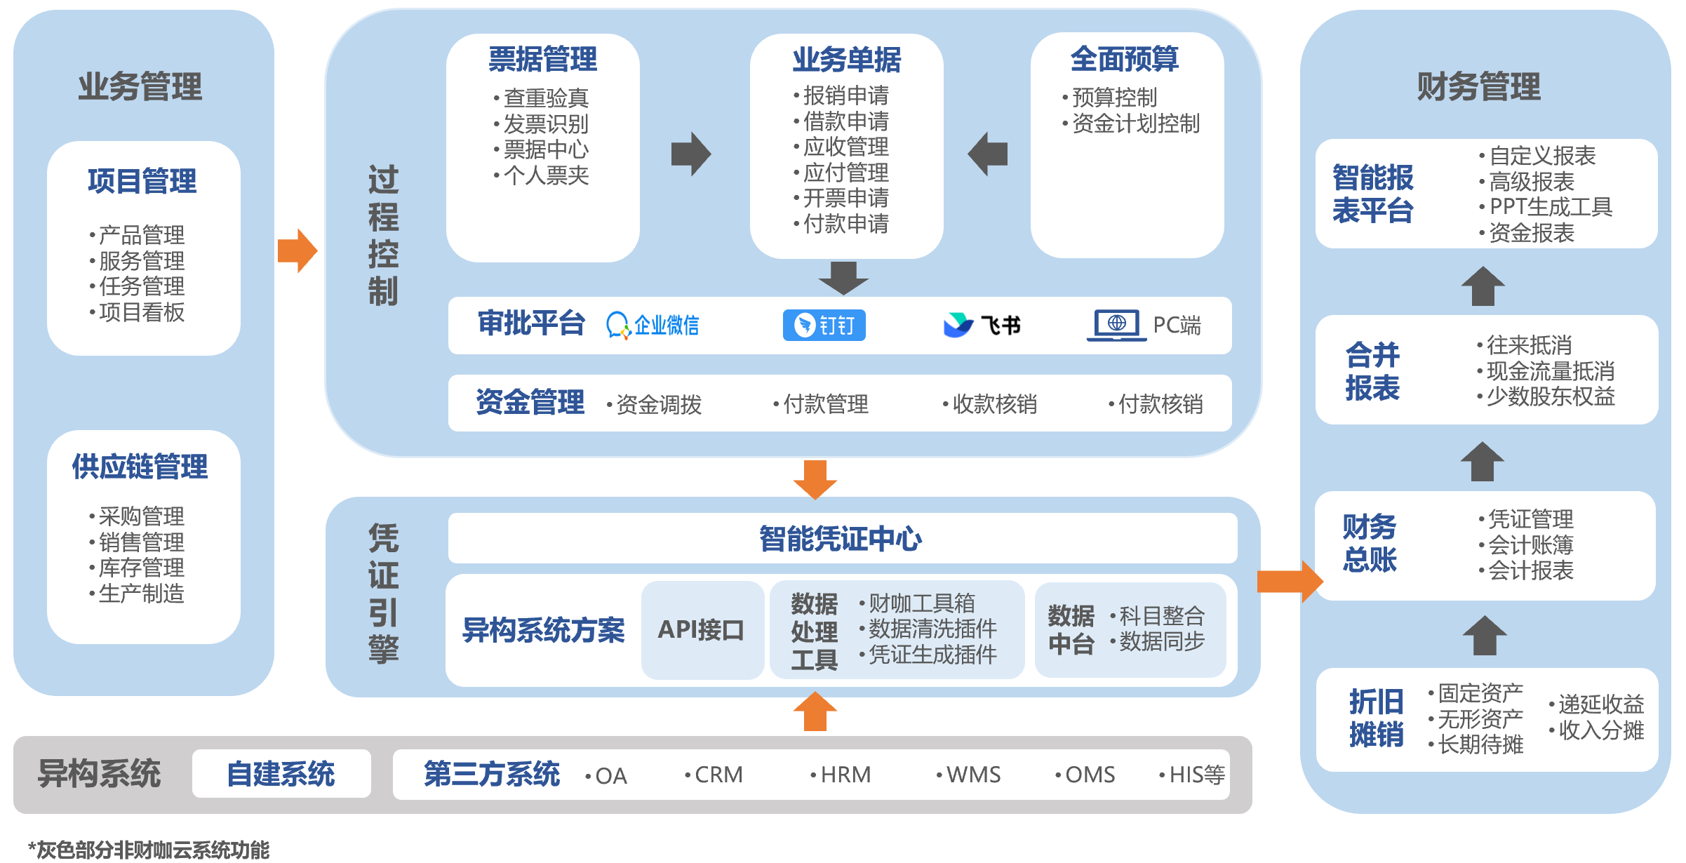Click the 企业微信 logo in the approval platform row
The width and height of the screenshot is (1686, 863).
pyautogui.click(x=653, y=326)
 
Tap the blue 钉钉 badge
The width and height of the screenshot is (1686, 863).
pyautogui.click(x=824, y=326)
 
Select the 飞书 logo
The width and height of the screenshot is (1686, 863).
pyautogui.click(x=982, y=325)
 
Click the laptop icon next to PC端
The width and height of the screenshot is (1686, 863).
pyautogui.click(x=1116, y=326)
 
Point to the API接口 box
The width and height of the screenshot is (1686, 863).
pyautogui.click(x=702, y=629)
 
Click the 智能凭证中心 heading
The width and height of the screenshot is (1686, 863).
pyautogui.click(x=841, y=539)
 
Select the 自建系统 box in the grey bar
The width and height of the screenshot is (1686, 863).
pyautogui.click(x=281, y=774)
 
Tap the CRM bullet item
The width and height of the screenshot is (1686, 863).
pyautogui.click(x=714, y=775)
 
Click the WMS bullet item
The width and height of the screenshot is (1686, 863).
pyautogui.click(x=968, y=775)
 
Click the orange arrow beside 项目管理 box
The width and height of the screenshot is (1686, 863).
pyautogui.click(x=297, y=250)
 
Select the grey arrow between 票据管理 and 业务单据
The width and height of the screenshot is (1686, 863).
pyautogui.click(x=691, y=154)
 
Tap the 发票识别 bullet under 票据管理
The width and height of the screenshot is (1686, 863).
pyautogui.click(x=541, y=124)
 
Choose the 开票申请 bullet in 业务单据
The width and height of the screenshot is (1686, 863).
pyautogui.click(x=841, y=198)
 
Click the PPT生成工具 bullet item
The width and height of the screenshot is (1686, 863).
pyautogui.click(x=1546, y=207)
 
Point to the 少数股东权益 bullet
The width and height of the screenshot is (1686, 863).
pyautogui.click(x=1546, y=396)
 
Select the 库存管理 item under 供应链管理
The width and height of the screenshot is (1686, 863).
pyautogui.click(x=137, y=568)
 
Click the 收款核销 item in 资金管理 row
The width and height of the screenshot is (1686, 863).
pyautogui.click(x=990, y=404)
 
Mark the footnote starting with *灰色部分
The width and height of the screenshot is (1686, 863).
pyautogui.click(x=148, y=850)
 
